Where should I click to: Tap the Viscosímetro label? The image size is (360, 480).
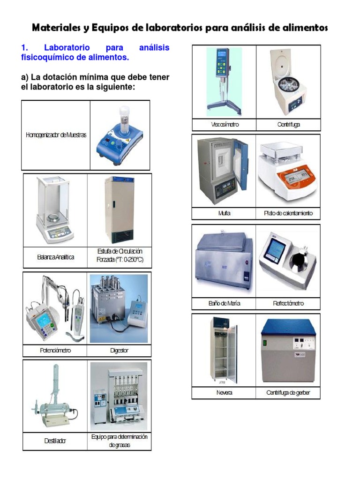tap(225, 125)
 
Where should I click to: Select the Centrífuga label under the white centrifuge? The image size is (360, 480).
tap(288, 125)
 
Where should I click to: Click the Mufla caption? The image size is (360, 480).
tap(225, 213)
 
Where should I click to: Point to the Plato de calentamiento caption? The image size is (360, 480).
tap(288, 213)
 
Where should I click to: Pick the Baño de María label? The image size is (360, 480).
tap(225, 303)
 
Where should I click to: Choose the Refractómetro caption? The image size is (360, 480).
tap(288, 303)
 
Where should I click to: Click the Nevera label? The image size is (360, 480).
tap(225, 392)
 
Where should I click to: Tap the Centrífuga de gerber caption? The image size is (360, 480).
tap(288, 392)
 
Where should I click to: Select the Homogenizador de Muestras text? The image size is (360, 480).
tap(56, 135)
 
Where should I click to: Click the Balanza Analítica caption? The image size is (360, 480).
tap(55, 257)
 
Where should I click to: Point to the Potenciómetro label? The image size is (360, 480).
tap(55, 350)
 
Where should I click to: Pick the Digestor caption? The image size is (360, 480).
tap(119, 350)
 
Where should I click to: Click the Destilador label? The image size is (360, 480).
tap(55, 441)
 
